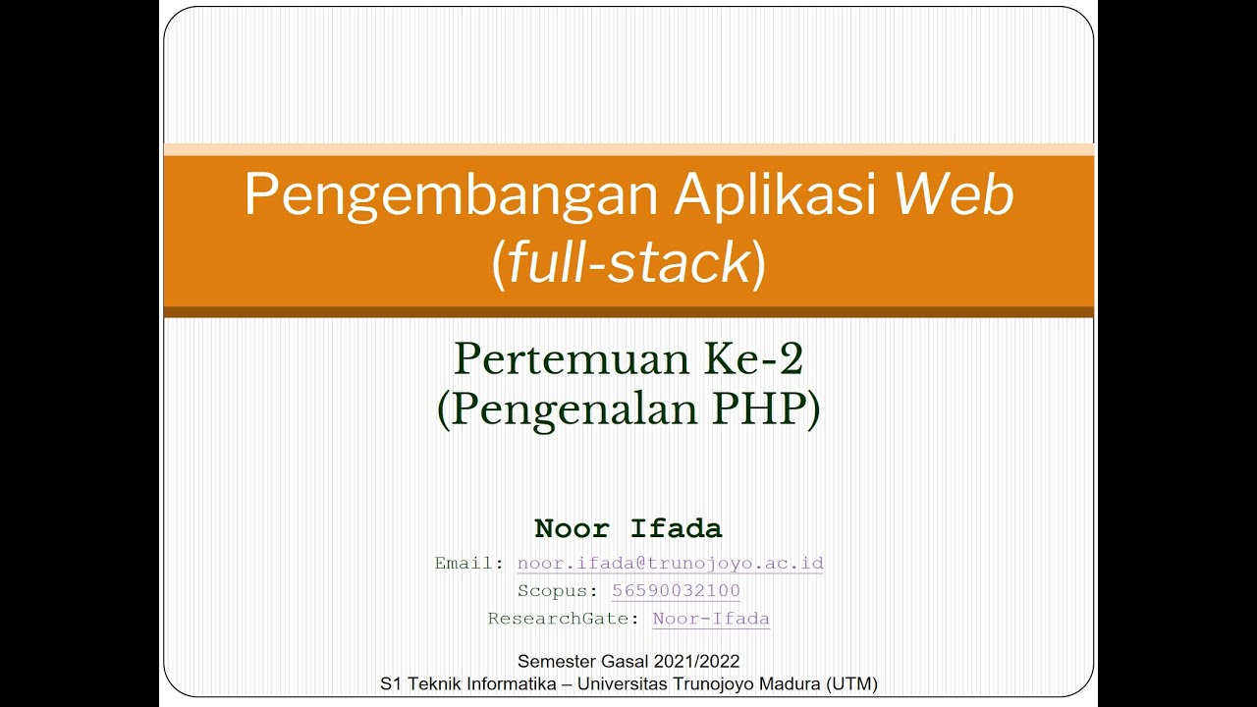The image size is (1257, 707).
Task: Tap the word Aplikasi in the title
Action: [x=775, y=195]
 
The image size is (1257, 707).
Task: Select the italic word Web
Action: [x=953, y=195]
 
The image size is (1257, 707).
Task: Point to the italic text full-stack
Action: [x=628, y=263]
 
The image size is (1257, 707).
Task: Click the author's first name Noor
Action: [x=572, y=528]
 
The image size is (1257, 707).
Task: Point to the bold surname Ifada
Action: [x=676, y=528]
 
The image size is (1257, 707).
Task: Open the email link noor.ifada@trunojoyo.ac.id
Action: [x=670, y=564]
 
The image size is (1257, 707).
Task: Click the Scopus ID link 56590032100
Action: [x=676, y=591]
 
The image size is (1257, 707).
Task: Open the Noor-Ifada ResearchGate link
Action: [x=711, y=619]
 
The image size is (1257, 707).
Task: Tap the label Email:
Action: [x=469, y=564]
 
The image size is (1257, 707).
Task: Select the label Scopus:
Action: [x=558, y=591]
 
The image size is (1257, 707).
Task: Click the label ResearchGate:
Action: [x=565, y=619]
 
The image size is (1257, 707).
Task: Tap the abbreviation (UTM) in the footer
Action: [x=853, y=683]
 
